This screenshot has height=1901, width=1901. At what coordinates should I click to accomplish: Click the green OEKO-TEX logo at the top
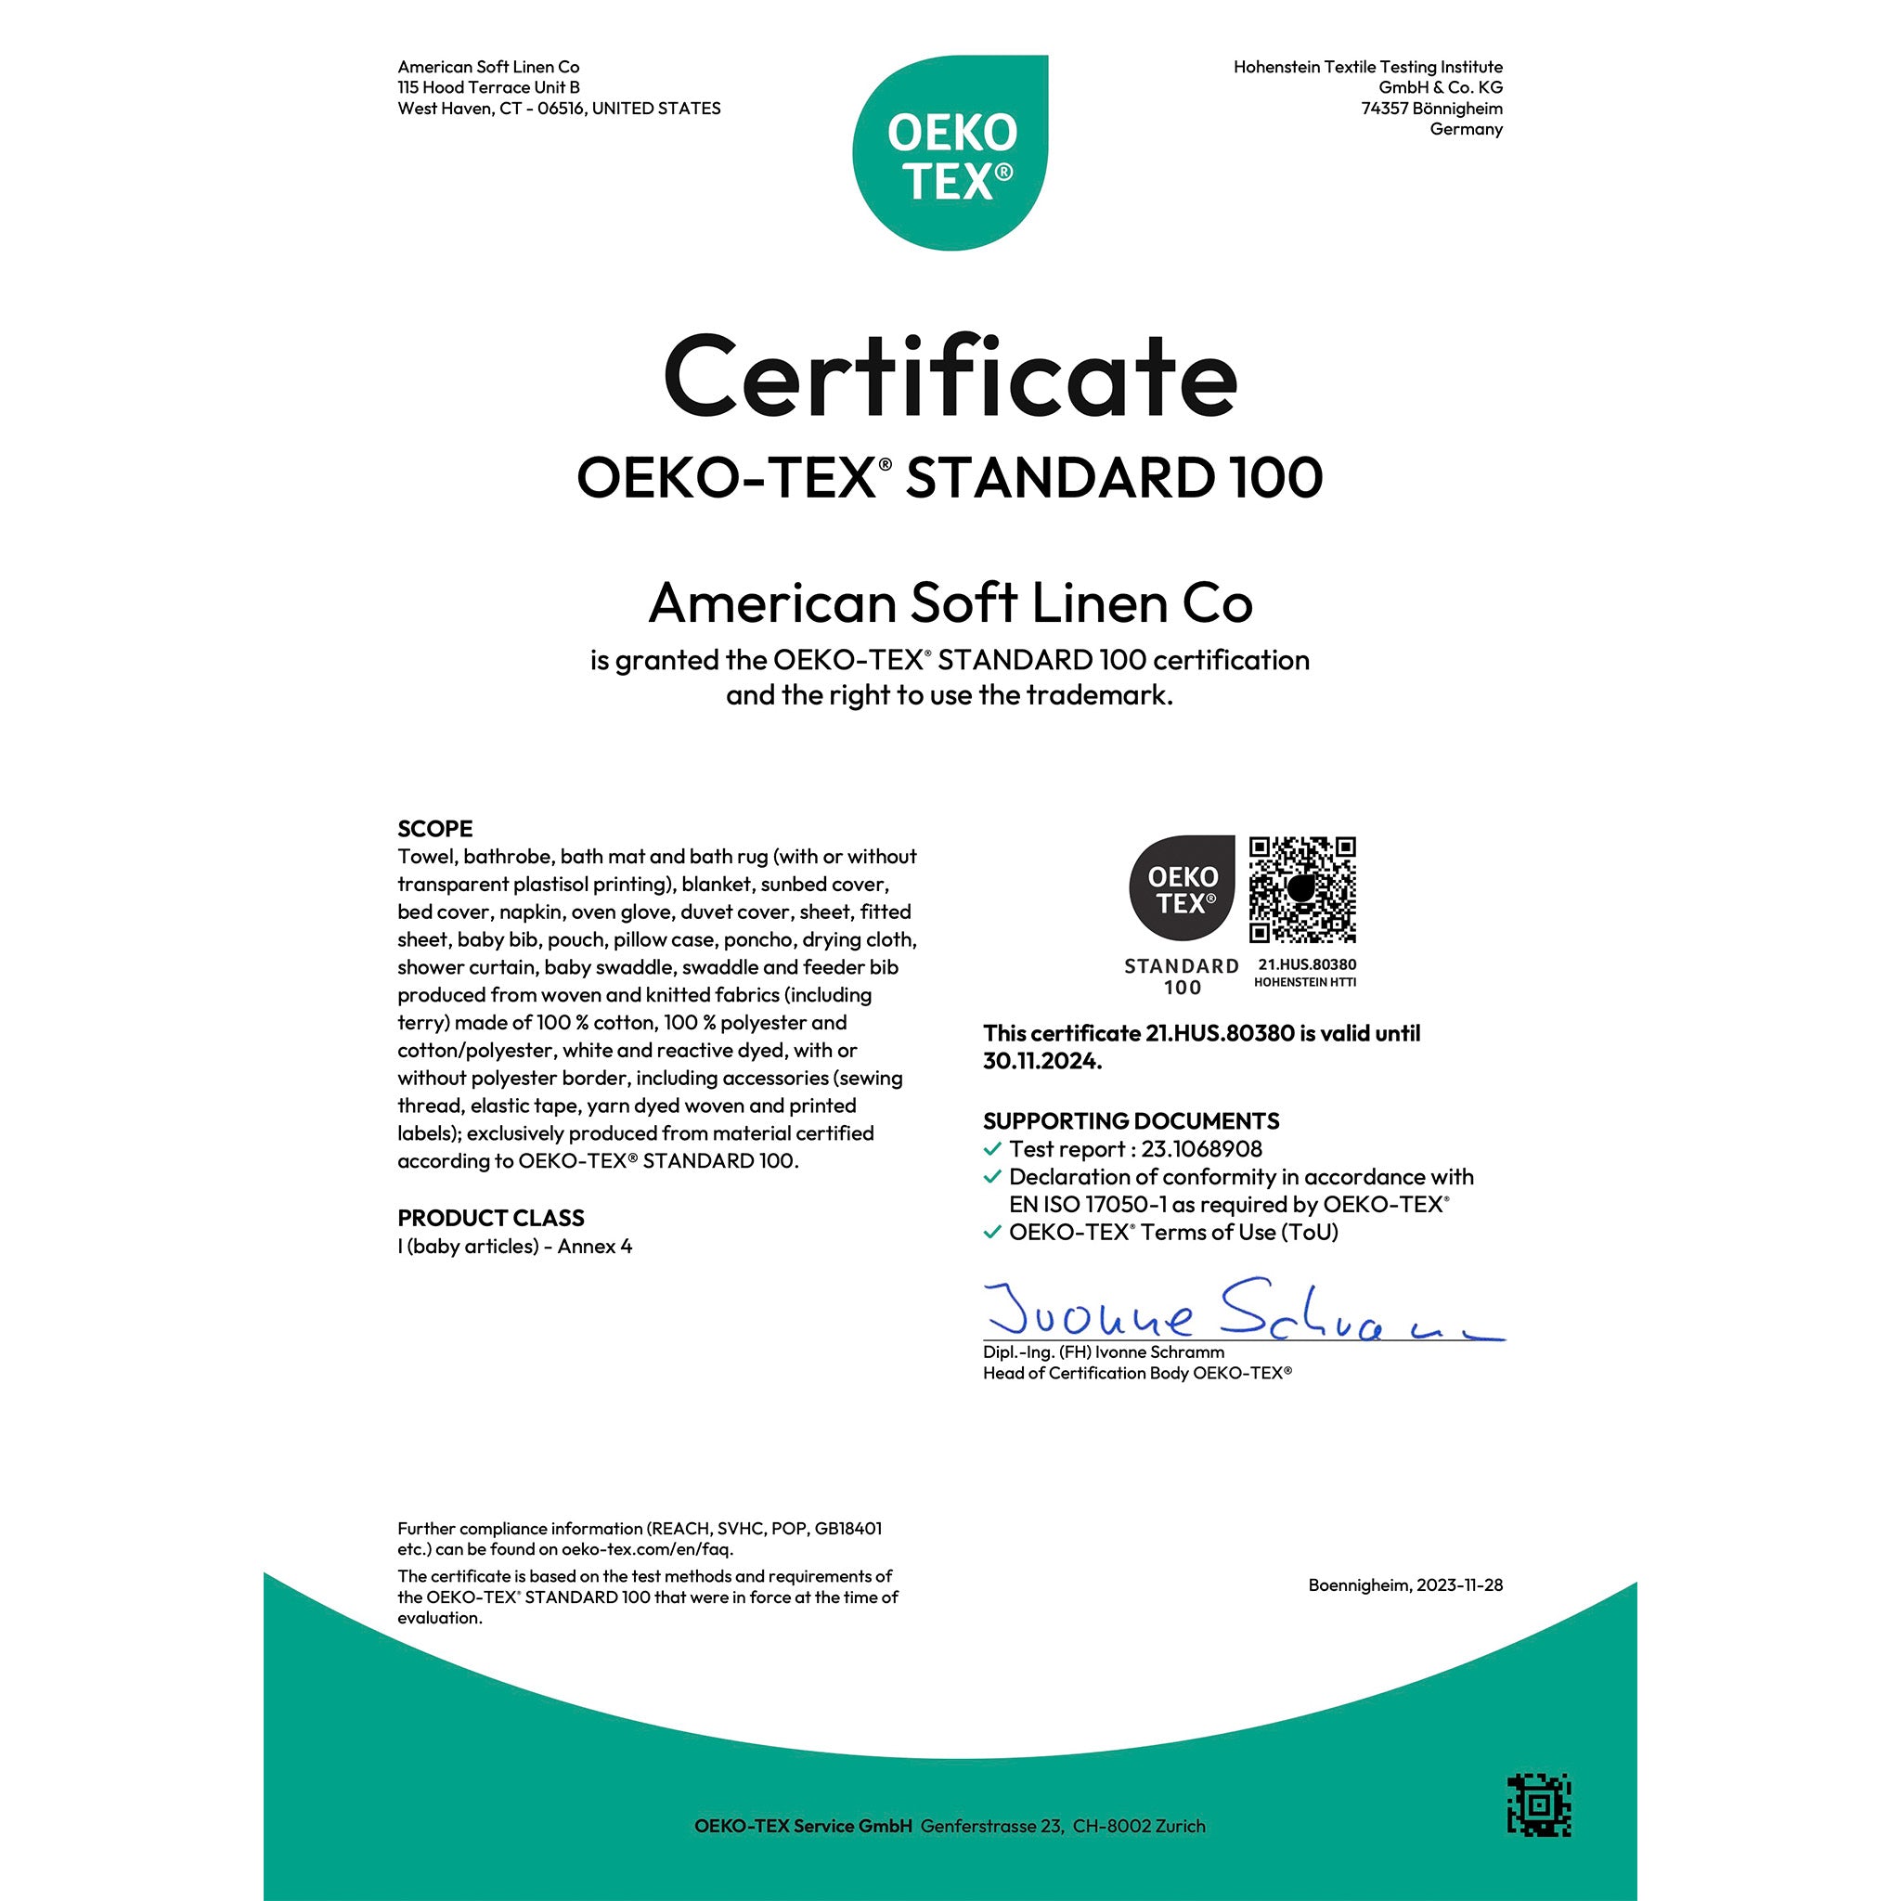[x=950, y=152]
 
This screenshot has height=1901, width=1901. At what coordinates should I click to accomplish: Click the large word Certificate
[x=950, y=377]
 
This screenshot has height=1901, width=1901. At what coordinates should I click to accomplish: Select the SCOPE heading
[x=435, y=829]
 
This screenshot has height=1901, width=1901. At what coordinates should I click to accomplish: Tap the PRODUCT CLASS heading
[x=490, y=1218]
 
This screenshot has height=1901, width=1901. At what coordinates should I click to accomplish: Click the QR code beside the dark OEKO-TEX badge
[x=1301, y=889]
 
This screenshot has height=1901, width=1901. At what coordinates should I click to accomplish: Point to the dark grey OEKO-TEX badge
[x=1181, y=887]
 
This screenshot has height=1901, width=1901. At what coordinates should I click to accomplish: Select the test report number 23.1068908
[x=1201, y=1149]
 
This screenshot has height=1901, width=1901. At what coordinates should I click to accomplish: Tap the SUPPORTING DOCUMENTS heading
[x=1131, y=1120]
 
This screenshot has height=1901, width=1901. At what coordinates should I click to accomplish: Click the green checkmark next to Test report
[x=993, y=1148]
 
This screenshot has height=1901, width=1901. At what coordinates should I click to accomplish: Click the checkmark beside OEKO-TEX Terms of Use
[x=993, y=1232]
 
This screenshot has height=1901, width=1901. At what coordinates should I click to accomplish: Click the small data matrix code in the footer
[x=1539, y=1805]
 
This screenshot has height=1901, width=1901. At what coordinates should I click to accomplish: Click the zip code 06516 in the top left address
[x=560, y=109]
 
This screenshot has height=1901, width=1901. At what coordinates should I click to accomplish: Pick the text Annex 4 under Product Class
[x=594, y=1247]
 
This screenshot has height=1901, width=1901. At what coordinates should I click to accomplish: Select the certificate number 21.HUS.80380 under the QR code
[x=1307, y=964]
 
